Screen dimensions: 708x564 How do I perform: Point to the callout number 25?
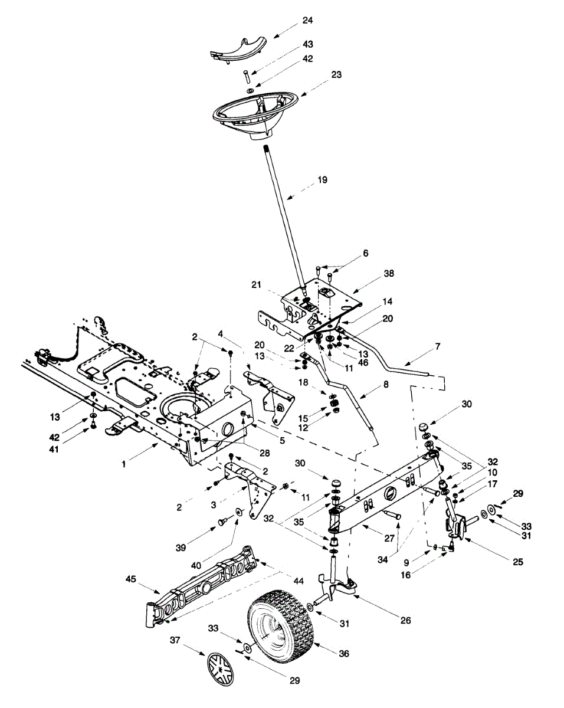[517, 562]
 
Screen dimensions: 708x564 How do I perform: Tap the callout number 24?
[307, 21]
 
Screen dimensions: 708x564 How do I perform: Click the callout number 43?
[307, 44]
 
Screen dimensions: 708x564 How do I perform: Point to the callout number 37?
[175, 640]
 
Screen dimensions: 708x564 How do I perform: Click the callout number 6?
[366, 253]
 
